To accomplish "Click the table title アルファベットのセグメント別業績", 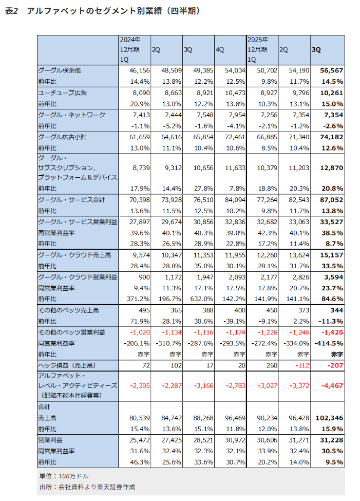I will click(108, 11).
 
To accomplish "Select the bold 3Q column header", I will click(316, 50).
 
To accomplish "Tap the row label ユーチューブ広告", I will click(63, 93).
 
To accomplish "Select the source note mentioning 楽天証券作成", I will click(87, 487).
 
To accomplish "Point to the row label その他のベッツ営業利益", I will click(71, 332).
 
